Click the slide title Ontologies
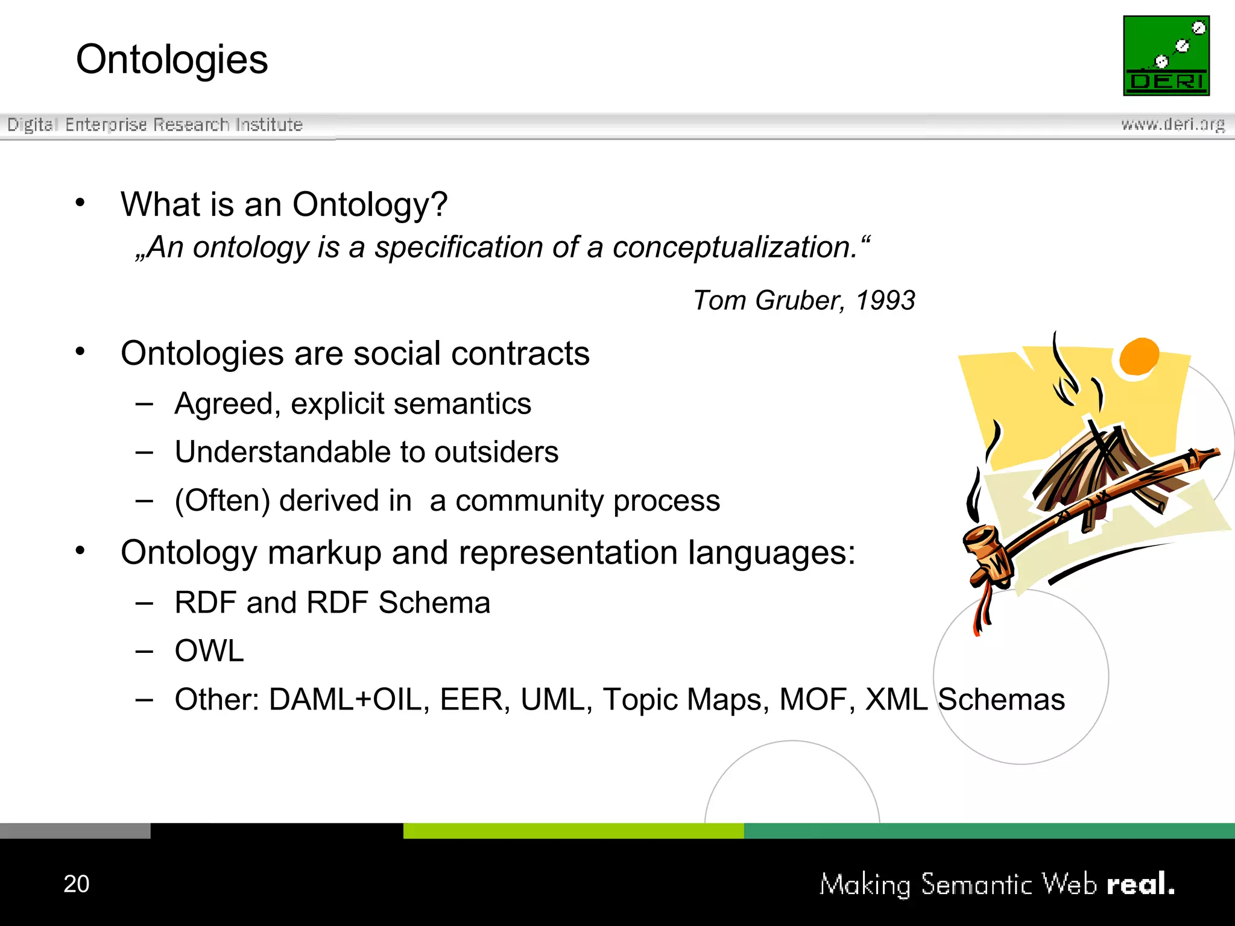click(172, 60)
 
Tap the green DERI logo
click(1166, 55)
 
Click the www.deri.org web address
click(1172, 124)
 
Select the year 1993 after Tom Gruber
click(885, 300)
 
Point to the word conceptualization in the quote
click(734, 247)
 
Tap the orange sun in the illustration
click(1139, 356)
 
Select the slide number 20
click(77, 884)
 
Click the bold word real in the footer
click(1140, 884)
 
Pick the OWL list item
click(209, 651)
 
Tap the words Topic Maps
click(686, 699)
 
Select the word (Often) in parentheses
click(222, 500)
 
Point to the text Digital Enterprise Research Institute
click(155, 125)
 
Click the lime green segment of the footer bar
click(573, 830)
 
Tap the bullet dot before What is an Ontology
click(80, 203)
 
